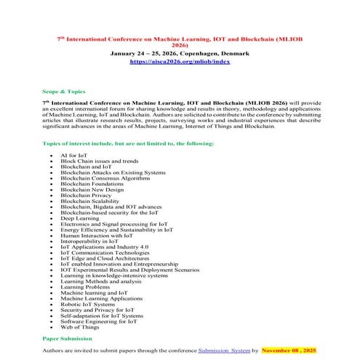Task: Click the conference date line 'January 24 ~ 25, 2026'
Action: click(179, 54)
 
